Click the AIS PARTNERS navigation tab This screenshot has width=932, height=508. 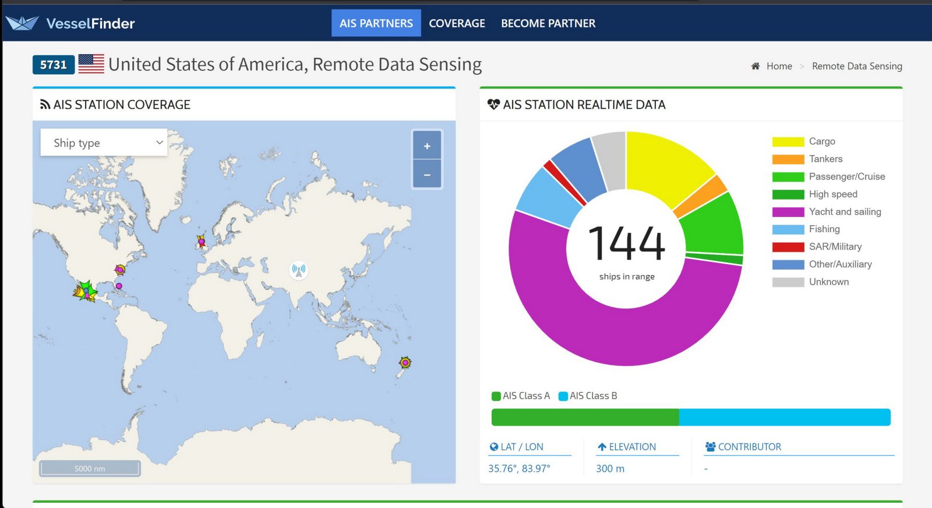(x=376, y=23)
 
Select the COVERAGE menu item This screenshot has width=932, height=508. (x=457, y=23)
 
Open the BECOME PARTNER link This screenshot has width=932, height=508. (x=548, y=23)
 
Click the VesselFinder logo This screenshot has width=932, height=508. (x=70, y=23)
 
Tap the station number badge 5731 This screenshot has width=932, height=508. (x=54, y=65)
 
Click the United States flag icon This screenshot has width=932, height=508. (x=91, y=64)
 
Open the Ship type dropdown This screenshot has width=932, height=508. (x=104, y=143)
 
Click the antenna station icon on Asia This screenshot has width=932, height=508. (x=299, y=270)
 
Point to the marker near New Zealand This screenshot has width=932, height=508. (x=405, y=363)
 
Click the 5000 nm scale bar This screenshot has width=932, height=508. (x=90, y=468)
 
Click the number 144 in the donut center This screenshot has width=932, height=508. (x=626, y=243)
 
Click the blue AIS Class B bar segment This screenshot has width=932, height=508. (x=784, y=417)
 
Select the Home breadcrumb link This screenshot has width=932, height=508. (x=778, y=66)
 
